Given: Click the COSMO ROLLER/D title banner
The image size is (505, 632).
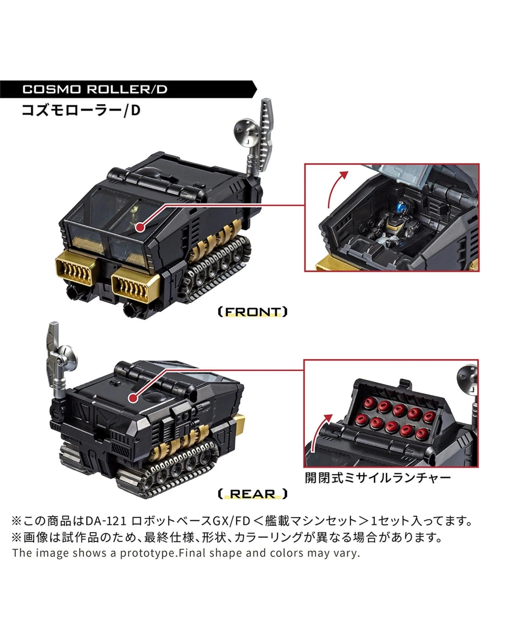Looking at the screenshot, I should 95,89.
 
